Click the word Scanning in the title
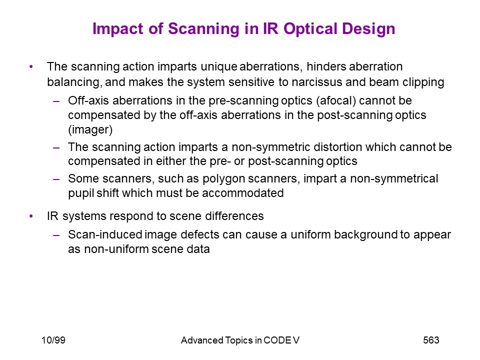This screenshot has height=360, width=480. (204, 29)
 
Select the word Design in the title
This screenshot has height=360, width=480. (368, 29)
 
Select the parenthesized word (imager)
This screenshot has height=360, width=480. (90, 130)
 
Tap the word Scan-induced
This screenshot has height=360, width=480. (105, 235)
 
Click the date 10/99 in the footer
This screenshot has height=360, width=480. (53, 340)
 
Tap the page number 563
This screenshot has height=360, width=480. (431, 340)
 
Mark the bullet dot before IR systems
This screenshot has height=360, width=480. (31, 216)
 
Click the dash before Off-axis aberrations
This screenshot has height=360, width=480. (56, 101)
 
